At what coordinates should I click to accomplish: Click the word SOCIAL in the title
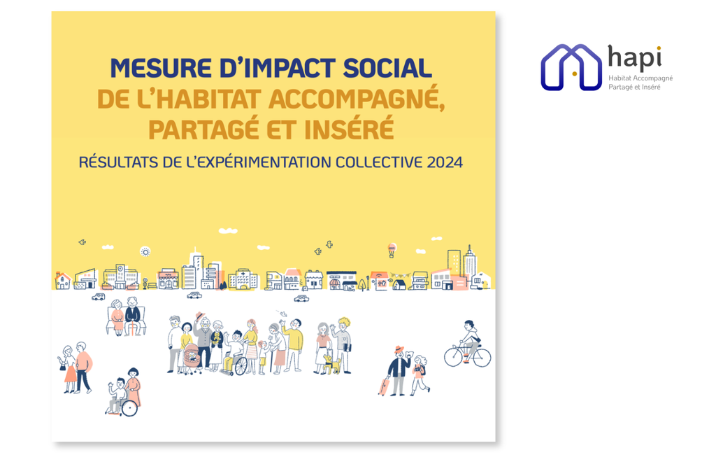click(x=387, y=69)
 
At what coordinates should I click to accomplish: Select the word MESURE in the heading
click(x=160, y=69)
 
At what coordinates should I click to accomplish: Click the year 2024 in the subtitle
click(x=445, y=162)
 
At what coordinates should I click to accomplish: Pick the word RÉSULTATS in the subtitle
click(x=118, y=162)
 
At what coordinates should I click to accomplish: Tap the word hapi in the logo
click(x=635, y=58)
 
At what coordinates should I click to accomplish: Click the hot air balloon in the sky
click(x=392, y=250)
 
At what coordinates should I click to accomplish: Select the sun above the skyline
click(x=145, y=252)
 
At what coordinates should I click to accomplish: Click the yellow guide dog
click(x=332, y=364)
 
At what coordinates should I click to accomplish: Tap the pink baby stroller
click(x=192, y=358)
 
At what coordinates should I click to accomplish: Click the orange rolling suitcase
click(x=383, y=385)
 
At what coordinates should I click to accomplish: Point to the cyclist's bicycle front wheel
click(x=481, y=358)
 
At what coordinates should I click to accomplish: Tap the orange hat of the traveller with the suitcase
click(x=399, y=349)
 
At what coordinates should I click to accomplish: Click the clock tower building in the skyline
click(x=120, y=276)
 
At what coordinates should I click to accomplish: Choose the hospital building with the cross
click(x=243, y=279)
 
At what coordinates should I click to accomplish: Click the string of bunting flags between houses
click(x=400, y=276)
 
